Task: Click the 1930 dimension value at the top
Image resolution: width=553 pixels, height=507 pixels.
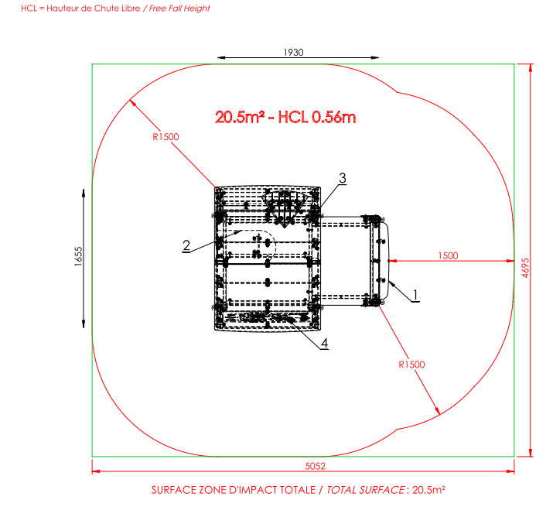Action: click(293, 53)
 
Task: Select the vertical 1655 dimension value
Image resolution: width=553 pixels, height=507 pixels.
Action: click(78, 256)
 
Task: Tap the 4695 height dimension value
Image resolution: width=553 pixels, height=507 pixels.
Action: click(525, 268)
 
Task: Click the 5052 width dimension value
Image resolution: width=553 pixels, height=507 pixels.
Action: click(315, 466)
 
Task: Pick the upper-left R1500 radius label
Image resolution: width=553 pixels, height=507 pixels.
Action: click(166, 137)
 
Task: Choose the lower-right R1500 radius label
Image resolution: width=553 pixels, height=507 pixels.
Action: click(411, 365)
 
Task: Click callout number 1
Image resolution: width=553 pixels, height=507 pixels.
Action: click(415, 294)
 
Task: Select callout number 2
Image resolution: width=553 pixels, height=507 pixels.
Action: click(186, 245)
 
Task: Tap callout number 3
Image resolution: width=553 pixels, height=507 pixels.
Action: click(343, 178)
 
